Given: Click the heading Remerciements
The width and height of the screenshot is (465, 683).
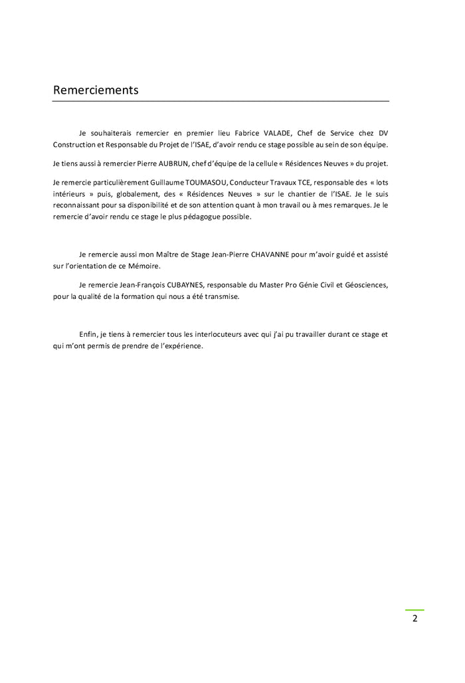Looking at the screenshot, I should tap(96, 90).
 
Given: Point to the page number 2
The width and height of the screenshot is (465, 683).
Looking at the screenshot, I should tap(415, 619).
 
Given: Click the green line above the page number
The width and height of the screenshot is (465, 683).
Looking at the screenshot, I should tap(415, 609).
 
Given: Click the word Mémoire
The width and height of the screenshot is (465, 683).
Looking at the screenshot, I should tap(144, 266).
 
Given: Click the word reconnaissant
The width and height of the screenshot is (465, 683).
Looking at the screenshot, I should tap(77, 205).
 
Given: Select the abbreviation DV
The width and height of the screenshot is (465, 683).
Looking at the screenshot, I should tap(383, 133).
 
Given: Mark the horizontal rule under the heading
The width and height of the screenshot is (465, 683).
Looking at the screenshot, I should tap(221, 101).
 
